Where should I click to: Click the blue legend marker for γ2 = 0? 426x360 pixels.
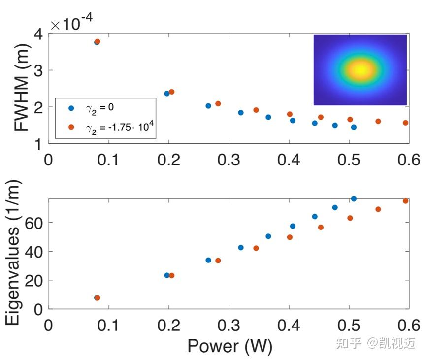tap(71, 108)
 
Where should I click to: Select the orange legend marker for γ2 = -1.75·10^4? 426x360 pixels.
tap(71, 127)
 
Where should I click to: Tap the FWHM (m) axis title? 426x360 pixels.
tap(22, 88)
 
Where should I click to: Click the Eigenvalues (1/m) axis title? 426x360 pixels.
tap(13, 253)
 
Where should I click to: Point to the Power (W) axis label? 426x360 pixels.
tap(230, 346)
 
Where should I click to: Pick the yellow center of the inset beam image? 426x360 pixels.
tap(360, 70)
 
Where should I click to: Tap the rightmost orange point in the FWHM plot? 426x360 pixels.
tap(405, 123)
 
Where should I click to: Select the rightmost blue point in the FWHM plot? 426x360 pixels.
tap(354, 127)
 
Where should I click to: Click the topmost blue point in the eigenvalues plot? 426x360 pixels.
tap(354, 199)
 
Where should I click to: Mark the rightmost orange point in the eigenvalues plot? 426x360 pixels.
tap(405, 201)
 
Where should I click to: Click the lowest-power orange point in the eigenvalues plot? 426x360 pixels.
tap(97, 298)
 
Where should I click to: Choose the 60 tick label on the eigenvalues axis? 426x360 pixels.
tap(33, 224)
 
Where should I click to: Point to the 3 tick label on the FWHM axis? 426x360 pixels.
tap(38, 71)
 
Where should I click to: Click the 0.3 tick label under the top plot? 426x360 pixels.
tap(229, 160)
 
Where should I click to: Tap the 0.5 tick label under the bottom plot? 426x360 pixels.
tap(349, 325)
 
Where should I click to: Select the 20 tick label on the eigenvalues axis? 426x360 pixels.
tap(33, 281)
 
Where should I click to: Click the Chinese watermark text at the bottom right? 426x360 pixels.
tap(376, 343)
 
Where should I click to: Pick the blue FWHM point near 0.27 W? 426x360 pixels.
tap(208, 106)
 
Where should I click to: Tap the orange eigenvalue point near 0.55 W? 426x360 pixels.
tap(378, 209)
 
